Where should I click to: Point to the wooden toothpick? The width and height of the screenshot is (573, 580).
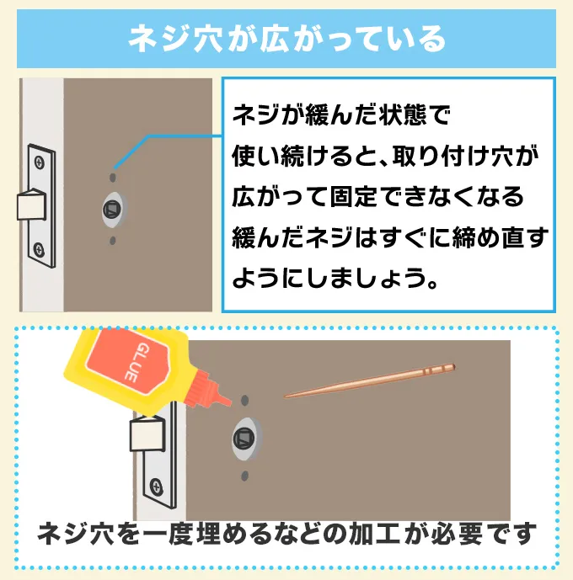click(x=369, y=380)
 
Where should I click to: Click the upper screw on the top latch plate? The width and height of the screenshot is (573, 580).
click(x=40, y=162)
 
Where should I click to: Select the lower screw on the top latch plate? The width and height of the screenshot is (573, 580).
click(x=39, y=249)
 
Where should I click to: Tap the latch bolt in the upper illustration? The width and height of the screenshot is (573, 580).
click(x=31, y=205)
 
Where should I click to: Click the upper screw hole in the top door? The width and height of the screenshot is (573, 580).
click(x=113, y=178)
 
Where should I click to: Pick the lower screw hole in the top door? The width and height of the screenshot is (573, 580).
click(x=113, y=241)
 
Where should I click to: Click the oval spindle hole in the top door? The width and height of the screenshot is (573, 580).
click(x=115, y=210)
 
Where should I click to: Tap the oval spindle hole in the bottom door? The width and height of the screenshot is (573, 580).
click(x=247, y=439)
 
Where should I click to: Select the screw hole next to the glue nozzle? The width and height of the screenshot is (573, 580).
click(x=244, y=400)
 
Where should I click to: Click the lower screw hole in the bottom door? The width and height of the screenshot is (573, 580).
click(x=244, y=476)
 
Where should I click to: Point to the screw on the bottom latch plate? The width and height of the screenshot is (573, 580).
click(x=156, y=487)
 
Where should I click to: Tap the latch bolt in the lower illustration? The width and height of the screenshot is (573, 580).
click(x=147, y=433)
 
